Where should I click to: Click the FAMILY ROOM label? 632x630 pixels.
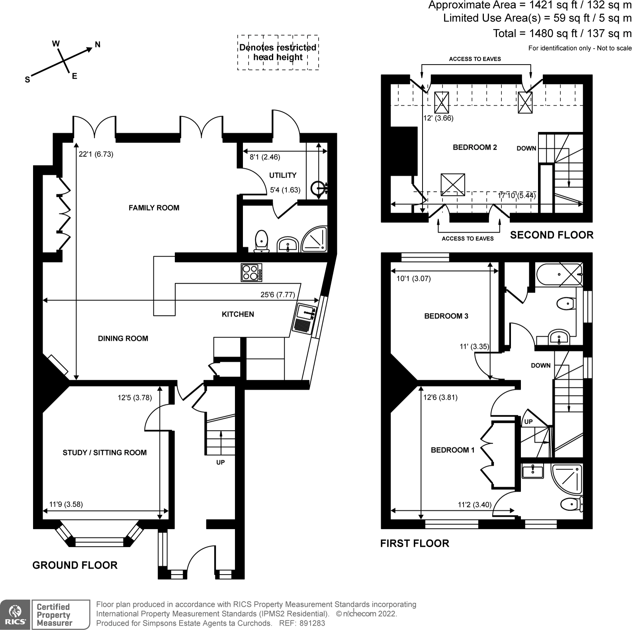coord(154,208)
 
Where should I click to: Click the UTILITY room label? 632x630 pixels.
coord(283,175)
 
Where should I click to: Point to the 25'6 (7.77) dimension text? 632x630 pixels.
coord(278,295)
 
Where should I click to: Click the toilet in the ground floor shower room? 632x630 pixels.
coord(262,241)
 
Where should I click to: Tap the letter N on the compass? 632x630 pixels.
coord(98,45)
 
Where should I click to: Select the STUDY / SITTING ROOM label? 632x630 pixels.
coord(105,453)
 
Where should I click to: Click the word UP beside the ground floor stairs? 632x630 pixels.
coord(220,462)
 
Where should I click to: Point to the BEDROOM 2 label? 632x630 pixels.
coord(475,147)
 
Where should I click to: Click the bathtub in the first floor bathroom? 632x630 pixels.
coord(559,274)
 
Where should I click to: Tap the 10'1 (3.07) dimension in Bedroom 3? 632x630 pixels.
coord(413,279)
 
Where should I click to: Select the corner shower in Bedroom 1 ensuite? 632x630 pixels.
coord(566,479)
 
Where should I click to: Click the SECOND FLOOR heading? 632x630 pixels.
coord(552,235)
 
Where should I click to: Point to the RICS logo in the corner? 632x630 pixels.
coord(15,614)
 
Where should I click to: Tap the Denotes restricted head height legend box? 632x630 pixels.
coord(278,52)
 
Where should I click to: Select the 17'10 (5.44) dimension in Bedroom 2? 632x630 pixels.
coord(517,195)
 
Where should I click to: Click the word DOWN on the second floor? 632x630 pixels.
coord(526,148)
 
